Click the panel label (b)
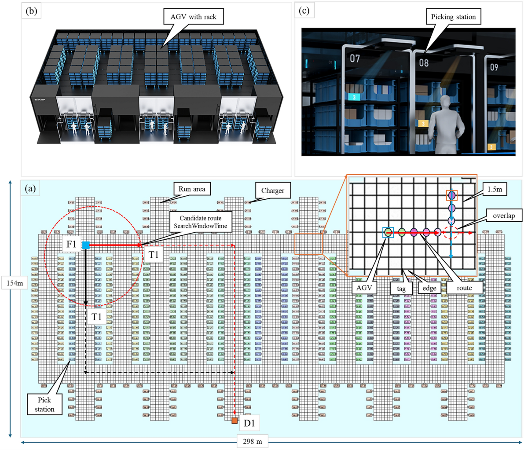point(31,11)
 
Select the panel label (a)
point(31,189)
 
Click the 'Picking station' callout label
point(453,17)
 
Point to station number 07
point(355,59)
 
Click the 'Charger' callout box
point(273,190)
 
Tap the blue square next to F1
point(86,245)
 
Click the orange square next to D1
point(235,421)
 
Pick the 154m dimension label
point(15,283)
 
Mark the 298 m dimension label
point(252,441)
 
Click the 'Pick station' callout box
point(44,404)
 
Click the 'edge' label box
point(429,288)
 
